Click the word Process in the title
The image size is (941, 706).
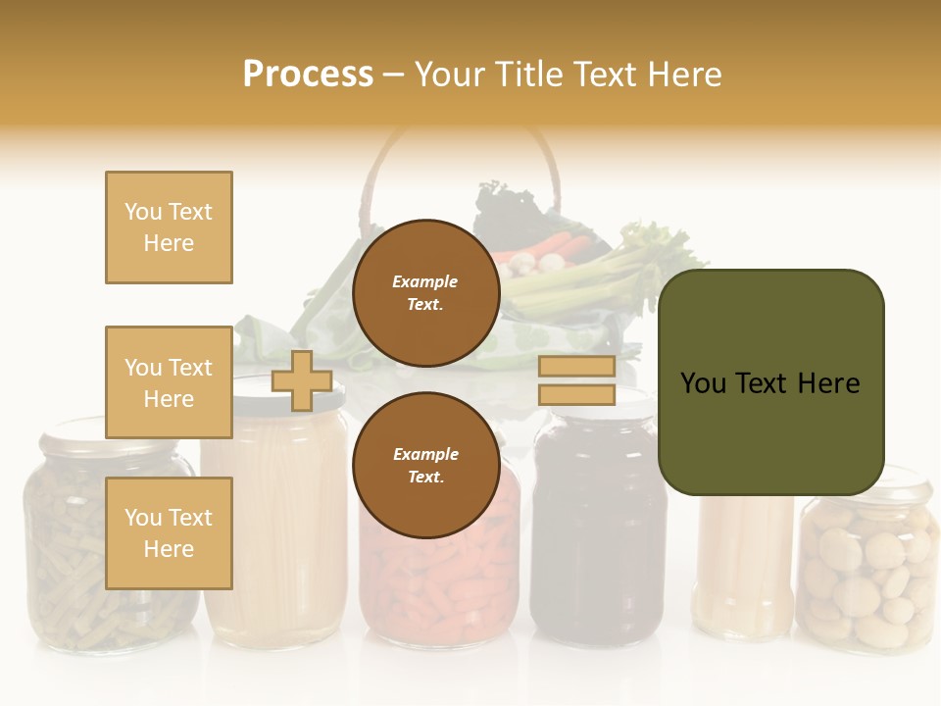coord(308,74)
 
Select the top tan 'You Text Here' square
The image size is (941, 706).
coord(169,227)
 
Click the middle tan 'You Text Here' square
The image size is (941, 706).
coord(169,382)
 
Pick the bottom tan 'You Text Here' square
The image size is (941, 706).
coord(169,532)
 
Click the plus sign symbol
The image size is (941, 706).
coord(301,380)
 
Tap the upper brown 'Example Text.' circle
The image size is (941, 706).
coord(425,292)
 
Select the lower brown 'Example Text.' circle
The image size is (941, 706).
coord(425,465)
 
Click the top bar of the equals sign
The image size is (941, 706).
coord(576,367)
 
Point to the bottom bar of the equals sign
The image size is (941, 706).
coord(576,394)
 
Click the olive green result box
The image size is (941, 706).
coord(770,382)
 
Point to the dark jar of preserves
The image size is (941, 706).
coord(598,549)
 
